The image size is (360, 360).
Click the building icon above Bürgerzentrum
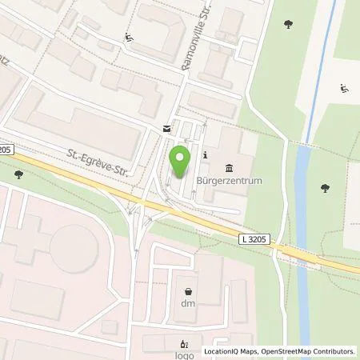tap(230, 167)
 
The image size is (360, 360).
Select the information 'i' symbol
tap(206, 154)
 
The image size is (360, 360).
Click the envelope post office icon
tap(166, 128)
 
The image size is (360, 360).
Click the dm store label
tap(188, 305)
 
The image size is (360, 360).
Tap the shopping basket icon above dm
tap(188, 292)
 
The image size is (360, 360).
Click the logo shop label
tap(153, 350)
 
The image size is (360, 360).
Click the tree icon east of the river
tap(325, 188)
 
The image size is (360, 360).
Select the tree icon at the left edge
tap(18, 174)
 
